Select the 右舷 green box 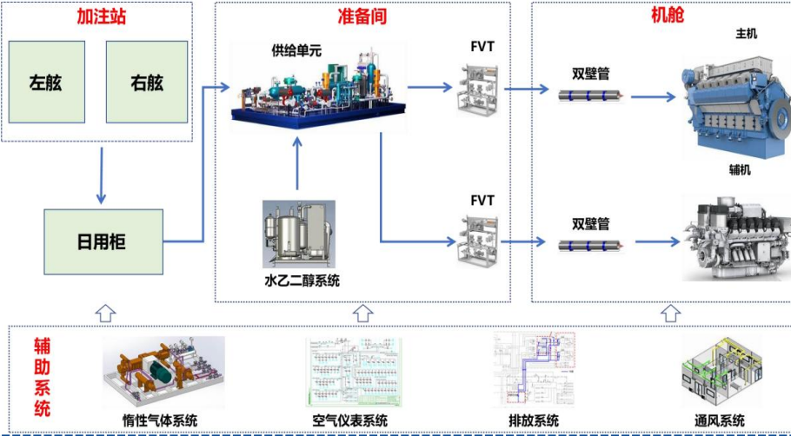(x=147, y=83)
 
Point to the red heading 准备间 (x=362, y=17)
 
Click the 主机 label (x=746, y=34)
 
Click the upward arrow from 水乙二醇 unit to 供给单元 (x=297, y=165)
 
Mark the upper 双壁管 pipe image (x=592, y=97)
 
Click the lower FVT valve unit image (x=475, y=241)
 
